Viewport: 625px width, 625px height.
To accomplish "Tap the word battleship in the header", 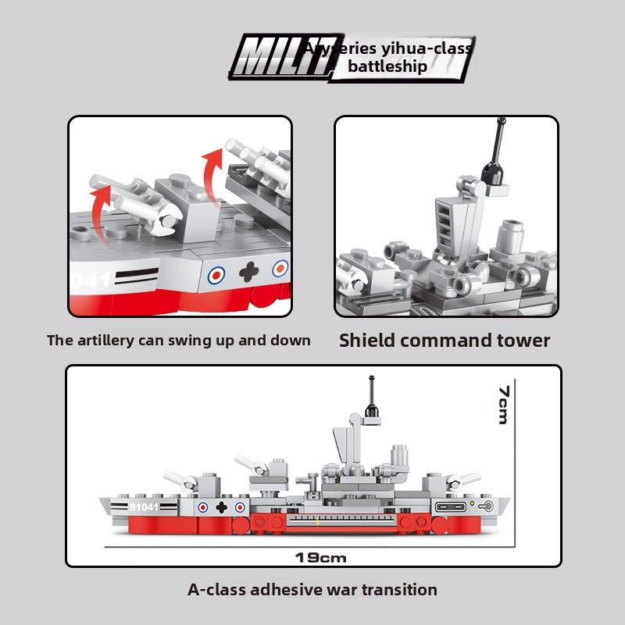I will click(388, 66).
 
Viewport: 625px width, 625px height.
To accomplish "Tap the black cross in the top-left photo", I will click(248, 273).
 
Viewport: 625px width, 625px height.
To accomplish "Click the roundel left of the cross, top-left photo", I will click(216, 274).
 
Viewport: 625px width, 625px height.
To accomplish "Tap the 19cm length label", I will click(321, 558).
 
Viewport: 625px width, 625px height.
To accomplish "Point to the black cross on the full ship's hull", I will click(221, 507).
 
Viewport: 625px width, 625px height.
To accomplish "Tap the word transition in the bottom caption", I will click(398, 590).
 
